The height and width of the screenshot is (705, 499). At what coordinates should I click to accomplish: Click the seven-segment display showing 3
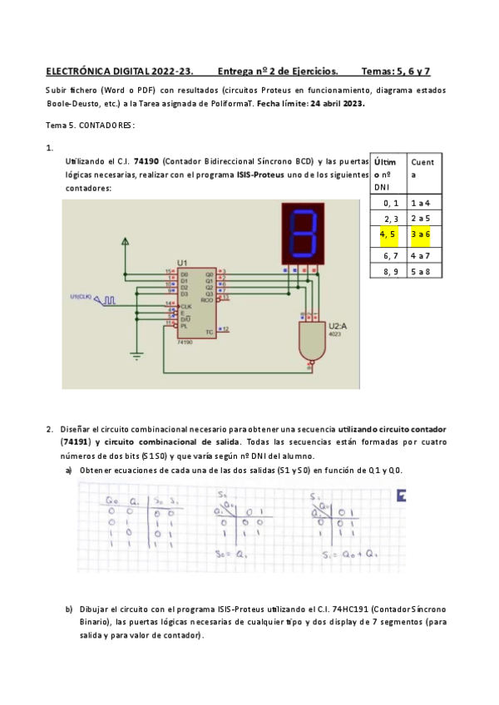(303, 233)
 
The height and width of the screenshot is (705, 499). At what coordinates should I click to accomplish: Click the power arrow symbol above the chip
(126, 242)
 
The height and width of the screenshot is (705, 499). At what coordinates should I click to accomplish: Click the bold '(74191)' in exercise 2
(76, 441)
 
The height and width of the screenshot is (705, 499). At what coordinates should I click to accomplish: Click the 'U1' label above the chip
(182, 262)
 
